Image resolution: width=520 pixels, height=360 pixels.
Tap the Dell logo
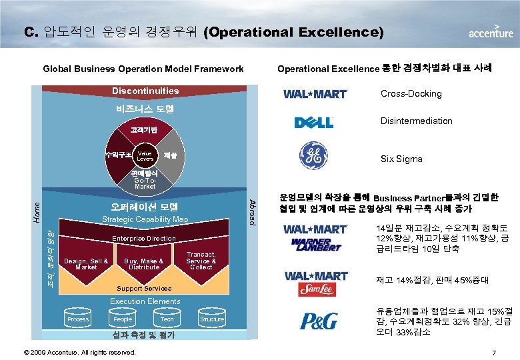315,123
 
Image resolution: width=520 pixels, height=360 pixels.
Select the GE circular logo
314,157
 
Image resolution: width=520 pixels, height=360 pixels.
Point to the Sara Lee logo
315,288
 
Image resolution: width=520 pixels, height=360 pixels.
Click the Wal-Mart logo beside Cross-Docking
315,94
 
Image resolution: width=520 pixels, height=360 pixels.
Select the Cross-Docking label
411,94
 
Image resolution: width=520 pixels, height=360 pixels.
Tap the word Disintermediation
416,121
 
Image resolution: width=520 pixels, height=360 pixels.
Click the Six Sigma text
401,159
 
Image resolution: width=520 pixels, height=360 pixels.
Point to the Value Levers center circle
145,157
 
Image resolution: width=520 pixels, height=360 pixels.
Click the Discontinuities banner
145,91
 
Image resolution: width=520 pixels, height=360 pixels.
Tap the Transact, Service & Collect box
201,261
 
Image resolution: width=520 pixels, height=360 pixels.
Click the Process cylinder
78,319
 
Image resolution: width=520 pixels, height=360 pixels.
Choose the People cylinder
123,319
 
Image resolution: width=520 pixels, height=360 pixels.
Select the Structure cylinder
212,319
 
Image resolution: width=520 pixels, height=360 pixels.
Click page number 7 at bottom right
493,351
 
